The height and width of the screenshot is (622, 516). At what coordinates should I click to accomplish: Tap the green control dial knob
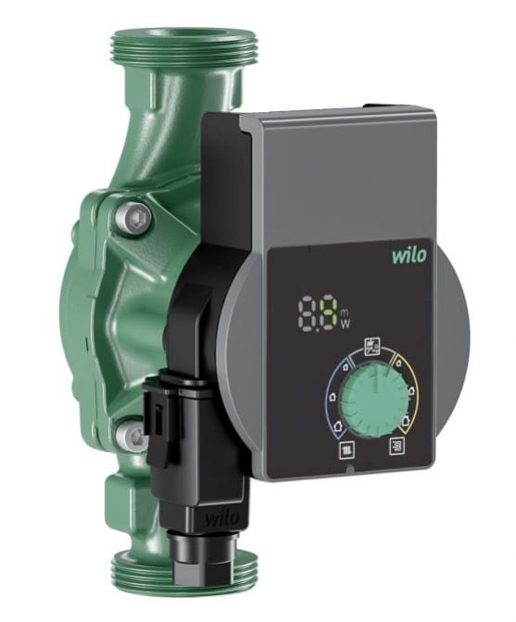click(x=357, y=400)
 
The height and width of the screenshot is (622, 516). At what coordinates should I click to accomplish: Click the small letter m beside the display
click(x=345, y=311)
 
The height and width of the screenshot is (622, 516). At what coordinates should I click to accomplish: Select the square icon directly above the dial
click(x=374, y=346)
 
